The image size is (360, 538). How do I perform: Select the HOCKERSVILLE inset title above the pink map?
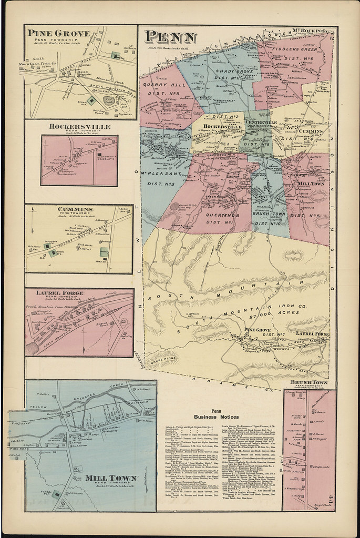79,127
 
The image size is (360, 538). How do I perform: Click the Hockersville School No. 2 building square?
98,153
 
